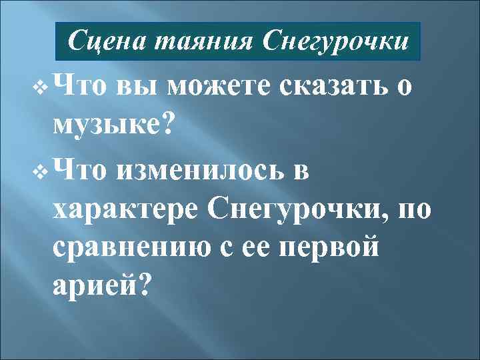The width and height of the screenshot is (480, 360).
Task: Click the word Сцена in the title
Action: [108, 42]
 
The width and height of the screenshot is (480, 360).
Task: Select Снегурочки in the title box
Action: [335, 42]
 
